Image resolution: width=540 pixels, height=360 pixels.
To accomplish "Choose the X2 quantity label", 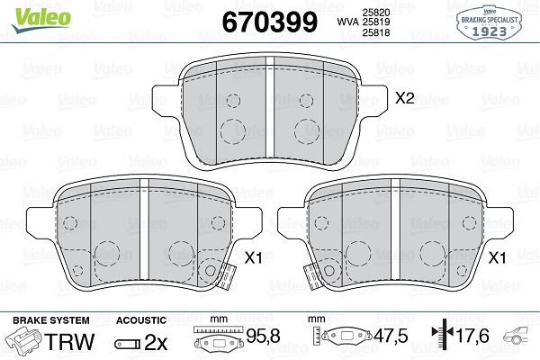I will (404, 99).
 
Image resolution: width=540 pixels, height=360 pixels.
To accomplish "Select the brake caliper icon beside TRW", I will (25, 342).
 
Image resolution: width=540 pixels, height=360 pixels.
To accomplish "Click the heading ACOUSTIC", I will (142, 319).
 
